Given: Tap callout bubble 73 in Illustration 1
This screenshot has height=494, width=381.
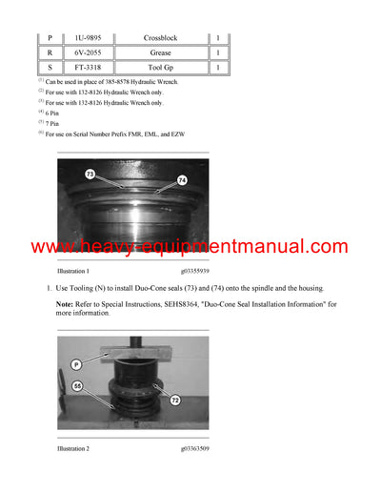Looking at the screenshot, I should [90, 175].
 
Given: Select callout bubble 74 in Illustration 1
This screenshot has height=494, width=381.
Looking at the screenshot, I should [182, 179].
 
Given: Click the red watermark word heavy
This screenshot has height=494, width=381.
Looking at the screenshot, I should [104, 247].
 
